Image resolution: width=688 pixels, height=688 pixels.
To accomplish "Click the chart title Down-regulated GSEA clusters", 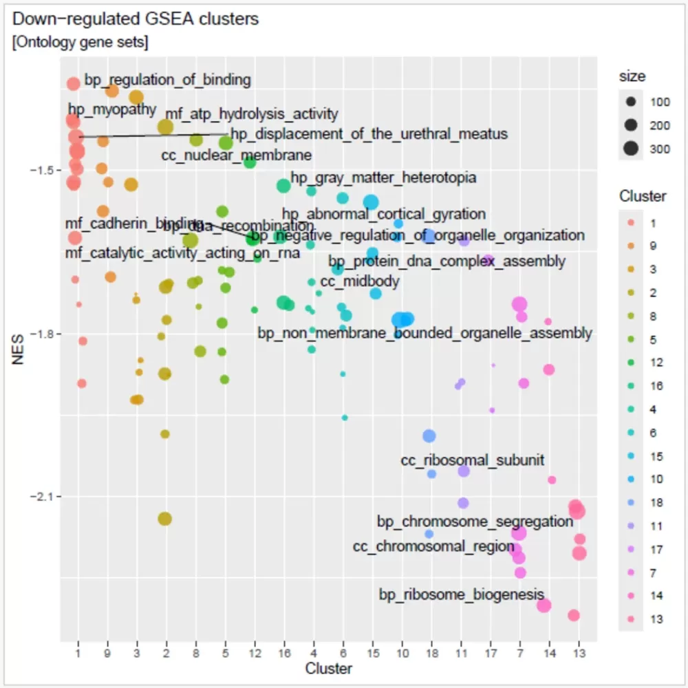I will coord(136,19).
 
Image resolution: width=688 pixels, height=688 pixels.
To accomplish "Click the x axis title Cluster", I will coord(328,668).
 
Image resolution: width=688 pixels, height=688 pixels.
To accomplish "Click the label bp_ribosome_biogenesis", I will coord(462,594).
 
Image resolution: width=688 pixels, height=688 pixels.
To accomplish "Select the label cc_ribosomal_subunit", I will coord(473,460).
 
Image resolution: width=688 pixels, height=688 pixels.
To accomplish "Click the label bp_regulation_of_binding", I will coord(167,80).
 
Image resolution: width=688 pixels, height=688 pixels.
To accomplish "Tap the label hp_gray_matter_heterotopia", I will coord(383,178).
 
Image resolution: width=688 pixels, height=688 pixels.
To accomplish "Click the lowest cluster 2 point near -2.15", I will coord(164,519).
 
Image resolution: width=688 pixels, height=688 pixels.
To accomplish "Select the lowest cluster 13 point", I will coord(574,615).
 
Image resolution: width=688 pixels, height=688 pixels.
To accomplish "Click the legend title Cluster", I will coord(642,196).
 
